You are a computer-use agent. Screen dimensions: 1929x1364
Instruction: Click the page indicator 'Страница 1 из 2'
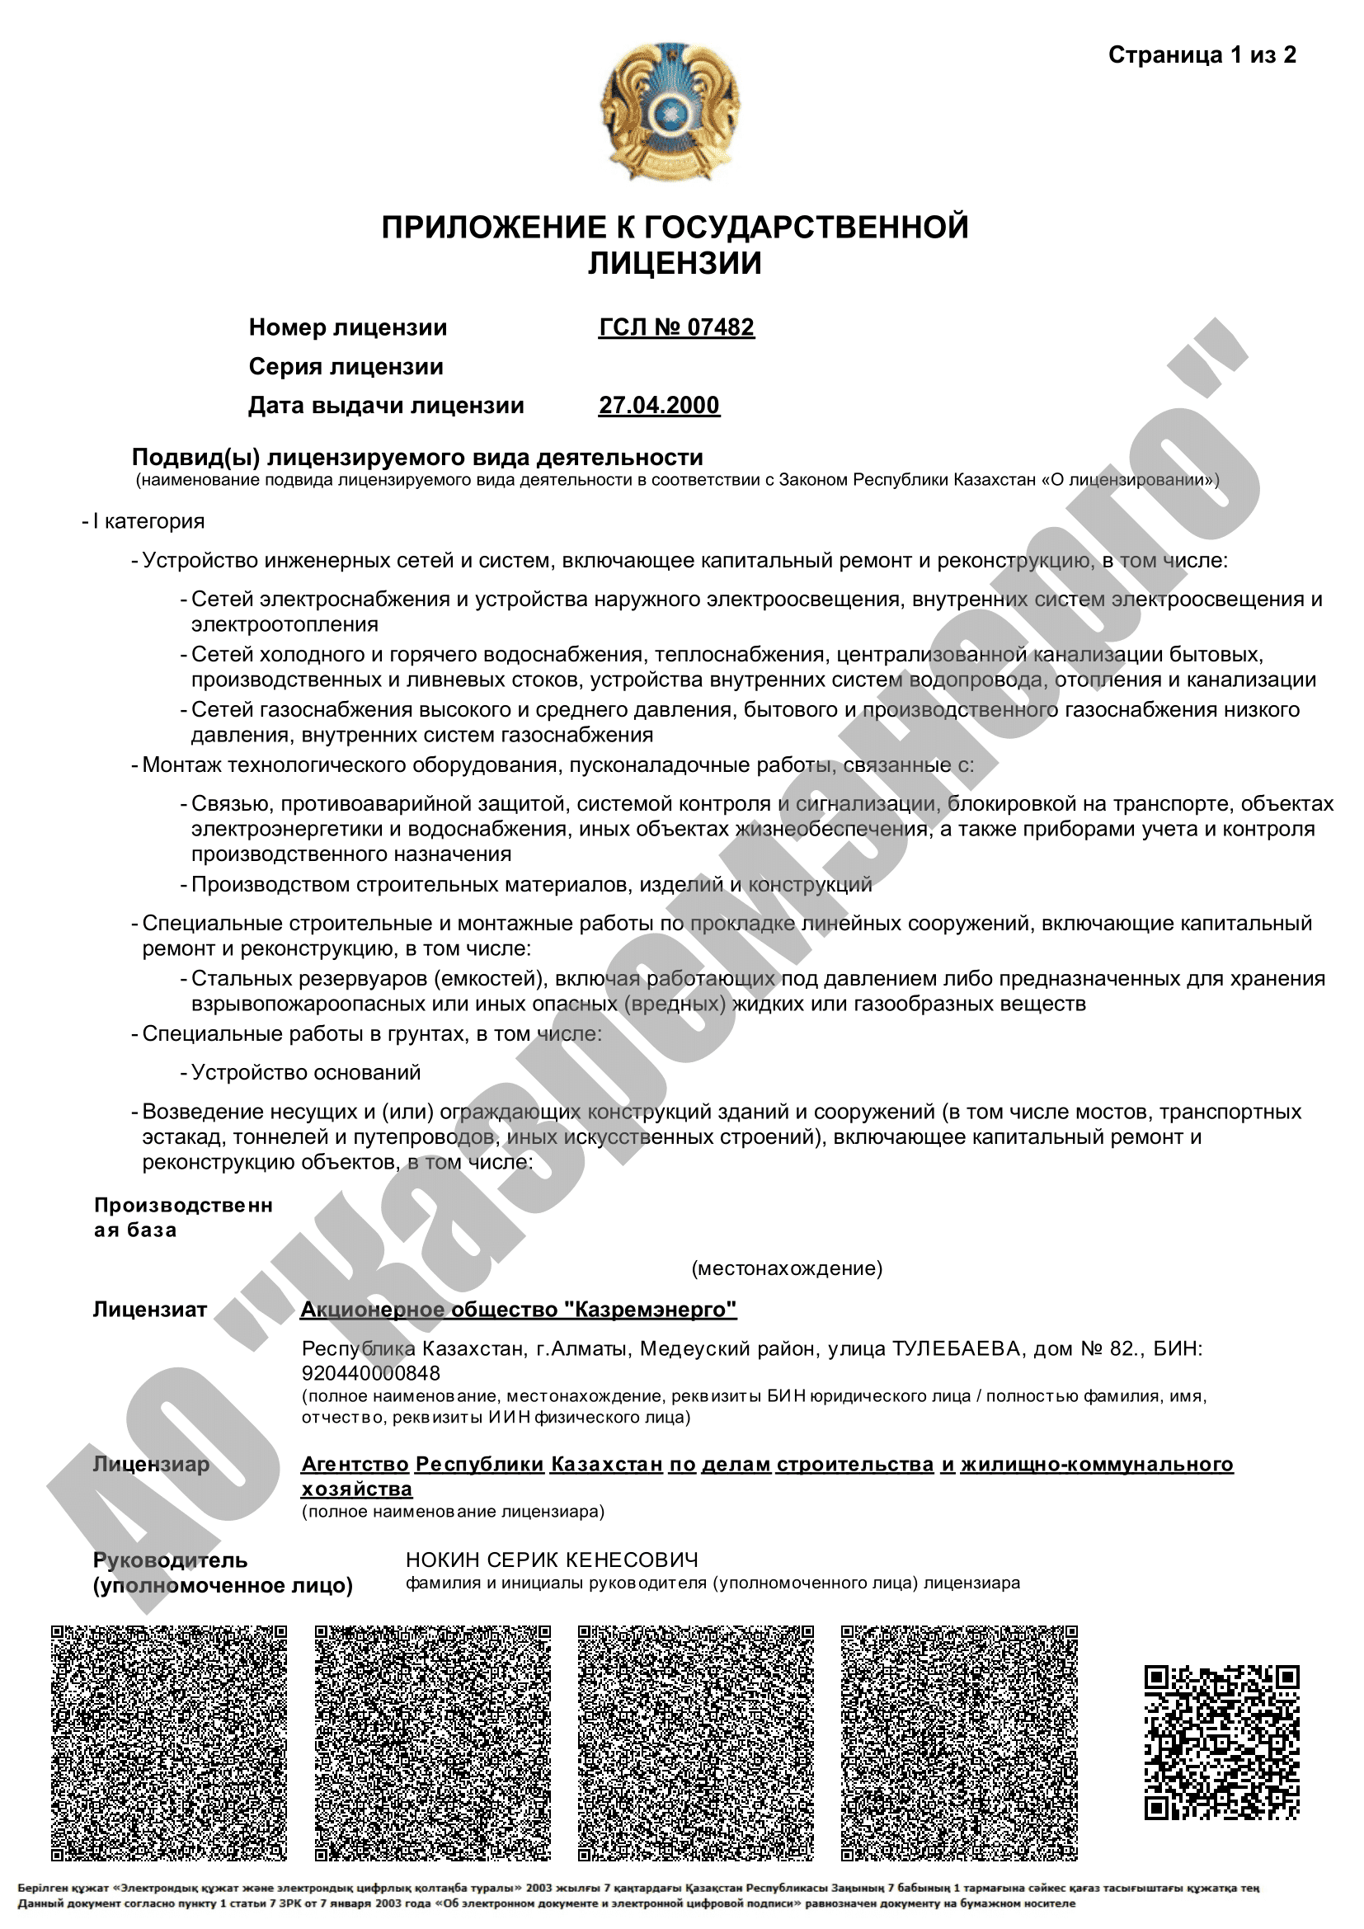pos(1201,55)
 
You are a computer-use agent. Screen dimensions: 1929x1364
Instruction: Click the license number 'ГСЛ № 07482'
pos(676,327)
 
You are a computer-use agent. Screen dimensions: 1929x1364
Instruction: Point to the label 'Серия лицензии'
pos(346,367)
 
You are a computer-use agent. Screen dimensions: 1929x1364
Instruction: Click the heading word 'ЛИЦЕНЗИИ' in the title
pos(675,264)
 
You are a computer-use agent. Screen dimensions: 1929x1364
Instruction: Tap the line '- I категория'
pos(143,522)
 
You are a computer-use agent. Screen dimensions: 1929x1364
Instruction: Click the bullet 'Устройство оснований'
pos(306,1073)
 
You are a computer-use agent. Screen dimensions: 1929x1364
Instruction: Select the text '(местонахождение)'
pos(787,1268)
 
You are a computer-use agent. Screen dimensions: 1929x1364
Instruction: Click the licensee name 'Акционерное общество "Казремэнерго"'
pos(518,1310)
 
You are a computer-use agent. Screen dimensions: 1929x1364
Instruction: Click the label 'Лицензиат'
pos(149,1310)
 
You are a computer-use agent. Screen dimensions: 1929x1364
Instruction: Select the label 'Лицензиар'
pos(151,1465)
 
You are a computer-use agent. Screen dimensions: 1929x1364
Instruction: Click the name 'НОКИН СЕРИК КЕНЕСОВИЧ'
pos(552,1560)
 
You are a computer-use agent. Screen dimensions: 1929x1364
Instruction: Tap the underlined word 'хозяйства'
pos(357,1489)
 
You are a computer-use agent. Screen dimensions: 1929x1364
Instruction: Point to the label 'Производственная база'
pos(183,1217)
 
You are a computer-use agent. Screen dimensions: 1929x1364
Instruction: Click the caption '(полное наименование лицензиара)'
pos(453,1513)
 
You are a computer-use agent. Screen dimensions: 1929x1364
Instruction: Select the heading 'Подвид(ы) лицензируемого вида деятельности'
pos(417,458)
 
